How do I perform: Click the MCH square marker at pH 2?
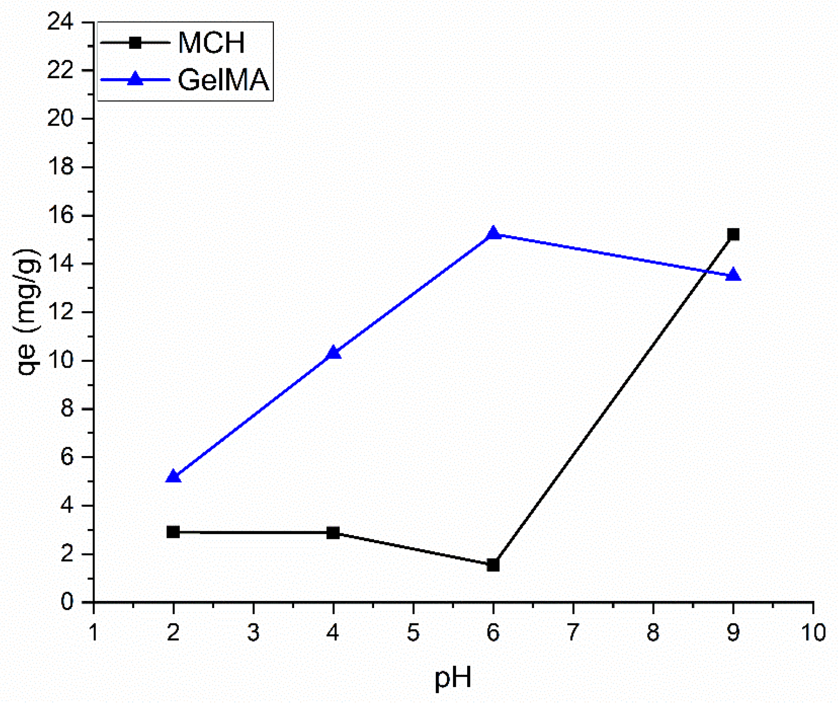[x=173, y=532]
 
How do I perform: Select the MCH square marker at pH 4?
[x=333, y=533]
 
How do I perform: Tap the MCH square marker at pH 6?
[x=493, y=565]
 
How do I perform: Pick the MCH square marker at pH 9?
[x=733, y=234]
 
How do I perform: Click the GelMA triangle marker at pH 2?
[x=173, y=477]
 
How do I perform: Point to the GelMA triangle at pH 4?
[x=333, y=352]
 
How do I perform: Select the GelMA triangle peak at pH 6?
[x=493, y=233]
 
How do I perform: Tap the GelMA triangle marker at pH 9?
[x=733, y=275]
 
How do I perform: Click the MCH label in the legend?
[x=212, y=43]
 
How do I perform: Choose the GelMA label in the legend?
[x=223, y=80]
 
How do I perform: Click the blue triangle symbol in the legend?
[x=135, y=79]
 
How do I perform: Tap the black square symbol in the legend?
[x=135, y=42]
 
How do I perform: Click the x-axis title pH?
[x=453, y=678]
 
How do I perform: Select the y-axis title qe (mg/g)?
[x=27, y=312]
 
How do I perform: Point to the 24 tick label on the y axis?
[x=61, y=22]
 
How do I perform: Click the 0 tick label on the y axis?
[x=67, y=602]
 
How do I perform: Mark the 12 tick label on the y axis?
[x=61, y=312]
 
